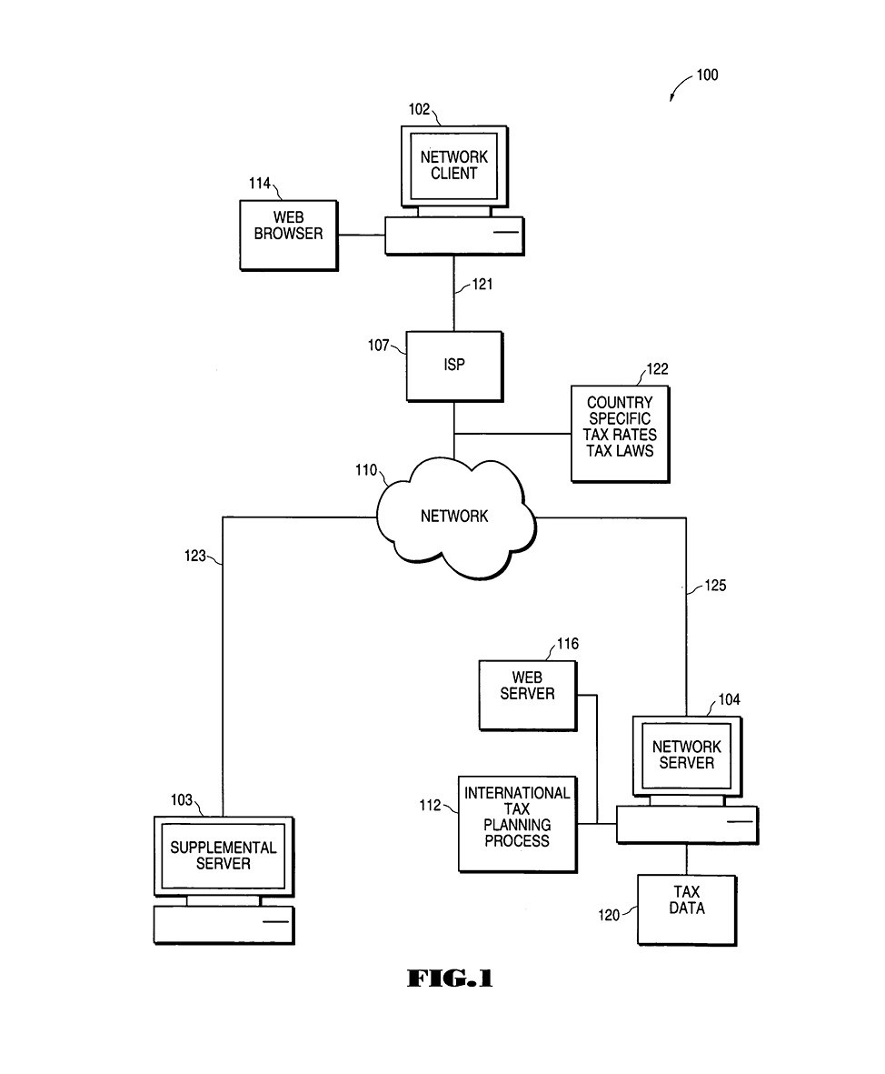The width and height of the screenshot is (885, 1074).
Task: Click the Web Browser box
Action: coord(288,235)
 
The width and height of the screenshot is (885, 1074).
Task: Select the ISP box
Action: coord(453,366)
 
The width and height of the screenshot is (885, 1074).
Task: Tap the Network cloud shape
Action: coord(454,517)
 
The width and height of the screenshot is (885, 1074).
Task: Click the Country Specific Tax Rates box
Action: coord(619,433)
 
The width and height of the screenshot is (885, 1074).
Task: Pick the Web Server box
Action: coord(528,695)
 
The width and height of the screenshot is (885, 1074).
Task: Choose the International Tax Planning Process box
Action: coord(517,823)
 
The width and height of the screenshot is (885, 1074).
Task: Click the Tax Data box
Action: coord(687,908)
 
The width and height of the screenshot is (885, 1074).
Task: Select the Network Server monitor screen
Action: coord(687,755)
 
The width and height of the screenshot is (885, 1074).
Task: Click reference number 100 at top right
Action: coord(707,75)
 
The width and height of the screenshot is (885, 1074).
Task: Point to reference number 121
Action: coord(482,286)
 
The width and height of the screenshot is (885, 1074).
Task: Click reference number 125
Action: coord(715,587)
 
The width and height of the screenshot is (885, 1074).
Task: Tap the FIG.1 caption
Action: coord(449,979)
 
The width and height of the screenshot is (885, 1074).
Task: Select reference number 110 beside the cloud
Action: coord(367,470)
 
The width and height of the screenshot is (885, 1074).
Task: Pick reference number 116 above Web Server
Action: coord(568,644)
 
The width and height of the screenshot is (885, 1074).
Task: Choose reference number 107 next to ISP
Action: coord(379,346)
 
